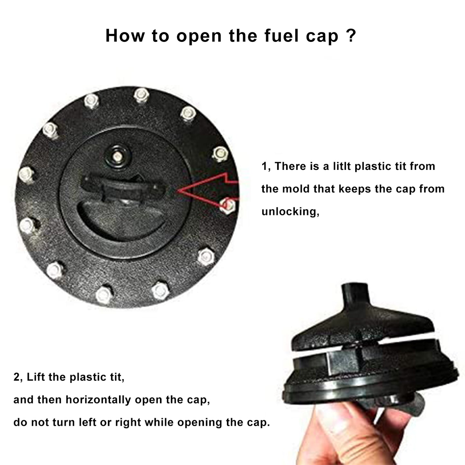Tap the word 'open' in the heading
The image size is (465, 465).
click(199, 38)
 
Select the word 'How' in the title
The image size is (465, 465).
click(125, 36)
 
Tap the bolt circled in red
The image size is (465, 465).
click(227, 205)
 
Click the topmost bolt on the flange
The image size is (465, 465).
click(141, 95)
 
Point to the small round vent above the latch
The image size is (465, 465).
click(118, 156)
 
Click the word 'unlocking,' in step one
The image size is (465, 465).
click(290, 212)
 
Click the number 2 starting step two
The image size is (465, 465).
click(17, 377)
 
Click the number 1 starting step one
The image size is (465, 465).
click(265, 166)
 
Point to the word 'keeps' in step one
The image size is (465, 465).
click(355, 189)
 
